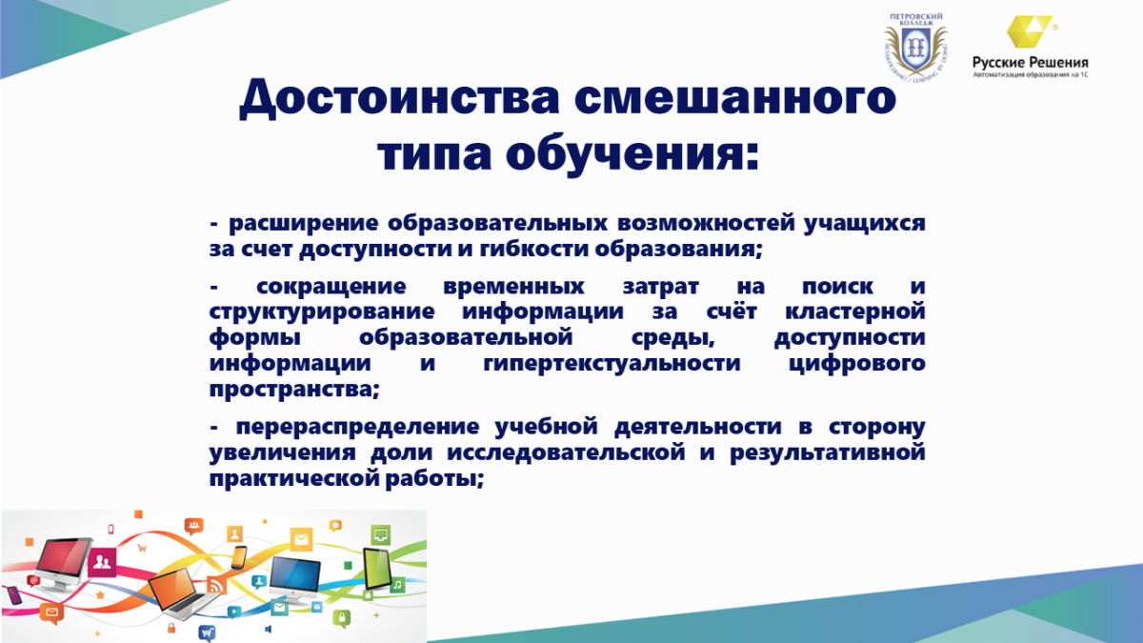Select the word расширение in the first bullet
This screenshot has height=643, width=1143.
[x=303, y=224]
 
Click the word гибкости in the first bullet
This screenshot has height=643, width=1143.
[x=533, y=249]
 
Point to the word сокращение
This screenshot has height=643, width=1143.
[x=331, y=287]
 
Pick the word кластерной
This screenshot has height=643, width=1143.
[x=854, y=311]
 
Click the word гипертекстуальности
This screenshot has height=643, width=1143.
[x=612, y=364]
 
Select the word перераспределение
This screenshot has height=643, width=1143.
[x=357, y=427]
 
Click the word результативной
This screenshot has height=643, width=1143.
[x=827, y=453]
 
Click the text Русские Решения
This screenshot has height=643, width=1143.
[x=1031, y=63]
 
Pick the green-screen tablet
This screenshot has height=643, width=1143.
[x=377, y=569]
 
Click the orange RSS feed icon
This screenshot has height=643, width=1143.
[x=216, y=585]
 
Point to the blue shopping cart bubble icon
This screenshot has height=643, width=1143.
[x=207, y=633]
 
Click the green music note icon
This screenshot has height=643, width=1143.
[x=397, y=585]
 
